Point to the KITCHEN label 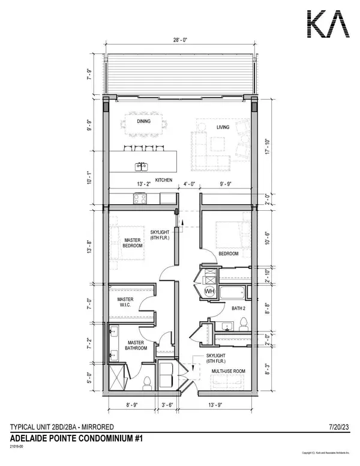pos(164,180)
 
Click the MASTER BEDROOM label pos(133,243)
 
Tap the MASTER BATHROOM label pos(130,346)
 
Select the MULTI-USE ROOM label pos(229,372)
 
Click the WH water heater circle pos(209,291)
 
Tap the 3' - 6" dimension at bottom pos(168,407)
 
